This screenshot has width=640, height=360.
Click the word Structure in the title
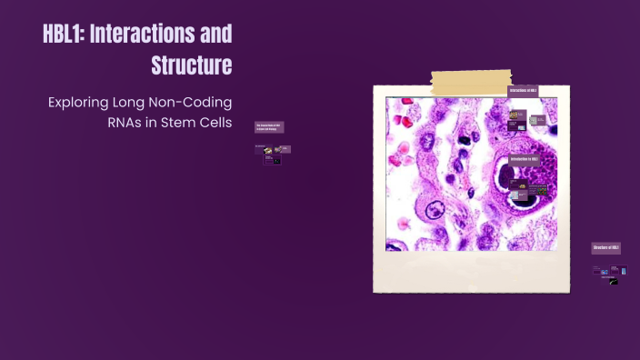191,65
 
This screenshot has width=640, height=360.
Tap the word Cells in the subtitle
215,123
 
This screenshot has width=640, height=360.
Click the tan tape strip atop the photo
472,83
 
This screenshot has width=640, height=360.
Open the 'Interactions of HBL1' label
523,91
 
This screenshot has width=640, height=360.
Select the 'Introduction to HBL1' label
526,159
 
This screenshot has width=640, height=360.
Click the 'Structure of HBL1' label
605,247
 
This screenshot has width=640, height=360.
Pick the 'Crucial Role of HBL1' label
269,128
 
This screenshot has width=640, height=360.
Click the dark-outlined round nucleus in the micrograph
430,210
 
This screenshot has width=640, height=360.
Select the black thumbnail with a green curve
615,281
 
